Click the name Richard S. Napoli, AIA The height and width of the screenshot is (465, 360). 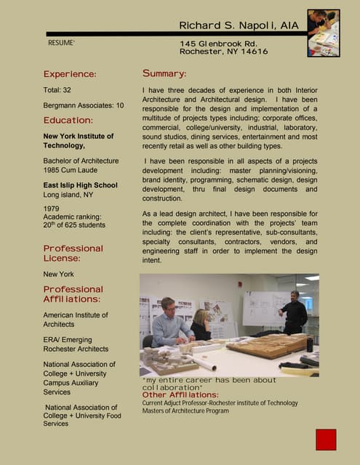tap(239, 26)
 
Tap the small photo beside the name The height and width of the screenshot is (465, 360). tap(323, 33)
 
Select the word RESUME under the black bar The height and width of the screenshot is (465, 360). tap(61, 44)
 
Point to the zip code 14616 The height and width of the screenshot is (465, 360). tap(254, 52)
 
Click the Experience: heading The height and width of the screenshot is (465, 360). tap(70, 74)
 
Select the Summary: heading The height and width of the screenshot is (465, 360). tap(164, 73)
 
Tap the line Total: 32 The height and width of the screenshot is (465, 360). tap(57, 91)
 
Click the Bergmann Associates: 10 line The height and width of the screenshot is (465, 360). tap(84, 105)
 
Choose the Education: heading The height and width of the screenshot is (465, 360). tap(68, 120)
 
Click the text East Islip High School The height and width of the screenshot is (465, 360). tap(80, 185)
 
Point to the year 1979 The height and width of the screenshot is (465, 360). tap(52, 209)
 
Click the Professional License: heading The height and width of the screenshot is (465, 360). tap(73, 253)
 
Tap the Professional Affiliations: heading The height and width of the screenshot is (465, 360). tap(73, 294)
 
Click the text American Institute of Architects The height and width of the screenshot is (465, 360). tap(75, 320)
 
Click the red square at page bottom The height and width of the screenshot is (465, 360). tap(326, 440)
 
